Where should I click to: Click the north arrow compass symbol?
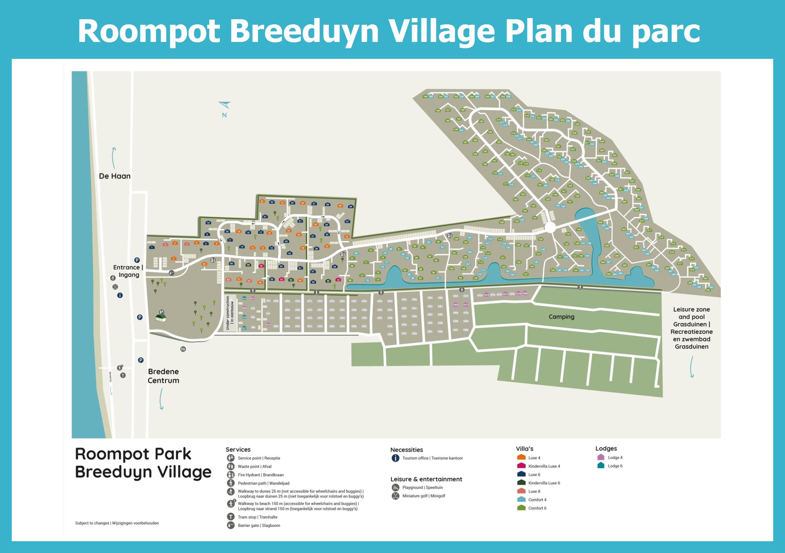tap(225, 105)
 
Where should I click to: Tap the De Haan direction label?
tap(115, 176)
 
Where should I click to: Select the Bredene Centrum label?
tap(163, 376)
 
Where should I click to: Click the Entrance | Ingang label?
tap(128, 271)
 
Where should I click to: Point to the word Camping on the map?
tap(561, 317)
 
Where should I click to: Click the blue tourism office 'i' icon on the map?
tap(120, 295)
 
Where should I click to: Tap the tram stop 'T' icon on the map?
tap(123, 375)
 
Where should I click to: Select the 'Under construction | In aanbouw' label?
tap(230, 313)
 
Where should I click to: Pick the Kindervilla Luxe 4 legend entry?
tap(544, 466)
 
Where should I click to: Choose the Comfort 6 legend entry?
tap(537, 508)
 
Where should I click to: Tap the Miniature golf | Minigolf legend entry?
tap(423, 496)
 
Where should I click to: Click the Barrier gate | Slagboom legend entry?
tap(258, 526)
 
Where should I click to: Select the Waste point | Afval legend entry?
tap(254, 467)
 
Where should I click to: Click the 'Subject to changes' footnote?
tap(117, 523)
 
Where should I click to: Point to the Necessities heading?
tap(407, 450)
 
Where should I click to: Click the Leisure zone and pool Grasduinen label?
tap(692, 328)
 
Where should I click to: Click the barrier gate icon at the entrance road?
tap(172, 273)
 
